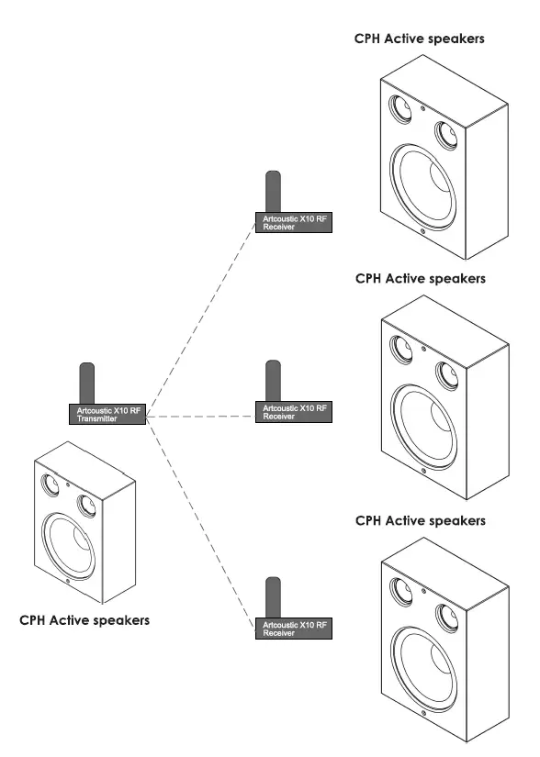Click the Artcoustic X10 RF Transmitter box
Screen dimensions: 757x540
coord(108,414)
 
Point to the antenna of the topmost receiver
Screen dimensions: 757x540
coord(273,191)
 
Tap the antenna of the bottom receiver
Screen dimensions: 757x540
coord(273,596)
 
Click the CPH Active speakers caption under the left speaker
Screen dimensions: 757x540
coord(84,621)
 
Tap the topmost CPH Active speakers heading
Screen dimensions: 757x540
coord(420,39)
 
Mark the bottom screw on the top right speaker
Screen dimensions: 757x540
coord(422,231)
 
